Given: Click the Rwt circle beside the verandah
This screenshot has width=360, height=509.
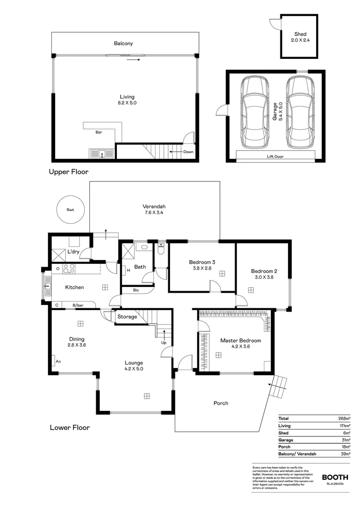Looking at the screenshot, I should point(70,210).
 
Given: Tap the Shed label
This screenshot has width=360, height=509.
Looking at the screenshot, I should point(300,34).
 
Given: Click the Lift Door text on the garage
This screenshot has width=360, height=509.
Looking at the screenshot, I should point(275,156).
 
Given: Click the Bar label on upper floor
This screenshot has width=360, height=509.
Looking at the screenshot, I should point(99,132).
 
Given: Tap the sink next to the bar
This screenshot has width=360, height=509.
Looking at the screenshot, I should point(101,153).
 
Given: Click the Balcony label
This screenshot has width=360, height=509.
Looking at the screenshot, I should point(123,43).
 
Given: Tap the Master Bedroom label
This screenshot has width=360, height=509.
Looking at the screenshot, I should point(240,340).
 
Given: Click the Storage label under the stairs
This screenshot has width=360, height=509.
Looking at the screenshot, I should point(127,317).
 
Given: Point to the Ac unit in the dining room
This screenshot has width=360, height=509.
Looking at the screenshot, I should point(58,361).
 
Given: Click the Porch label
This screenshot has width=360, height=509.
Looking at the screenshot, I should point(221,403).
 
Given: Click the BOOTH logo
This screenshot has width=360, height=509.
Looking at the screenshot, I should point(335,477).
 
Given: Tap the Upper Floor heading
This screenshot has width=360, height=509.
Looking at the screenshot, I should point(69,172).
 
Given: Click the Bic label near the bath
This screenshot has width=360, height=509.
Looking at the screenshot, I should point(136,290).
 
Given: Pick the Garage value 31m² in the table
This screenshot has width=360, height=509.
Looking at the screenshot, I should point(346,440).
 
